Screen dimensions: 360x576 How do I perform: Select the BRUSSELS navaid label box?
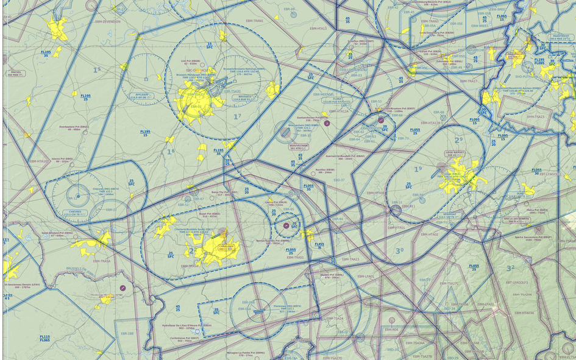click(245, 96)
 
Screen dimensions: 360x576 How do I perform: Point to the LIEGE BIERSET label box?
click(454, 154)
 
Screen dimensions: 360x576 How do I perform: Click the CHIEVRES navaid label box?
click(75, 213)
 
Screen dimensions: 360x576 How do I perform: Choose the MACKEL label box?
click(16, 73)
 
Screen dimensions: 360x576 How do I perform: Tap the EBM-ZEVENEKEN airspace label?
click(107, 21)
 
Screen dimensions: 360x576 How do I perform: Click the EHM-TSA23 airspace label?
click(536, 116)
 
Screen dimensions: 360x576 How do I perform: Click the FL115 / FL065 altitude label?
click(44, 339)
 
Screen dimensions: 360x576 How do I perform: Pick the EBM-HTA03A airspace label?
click(523, 313)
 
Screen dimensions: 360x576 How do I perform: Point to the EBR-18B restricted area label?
click(127, 333)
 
